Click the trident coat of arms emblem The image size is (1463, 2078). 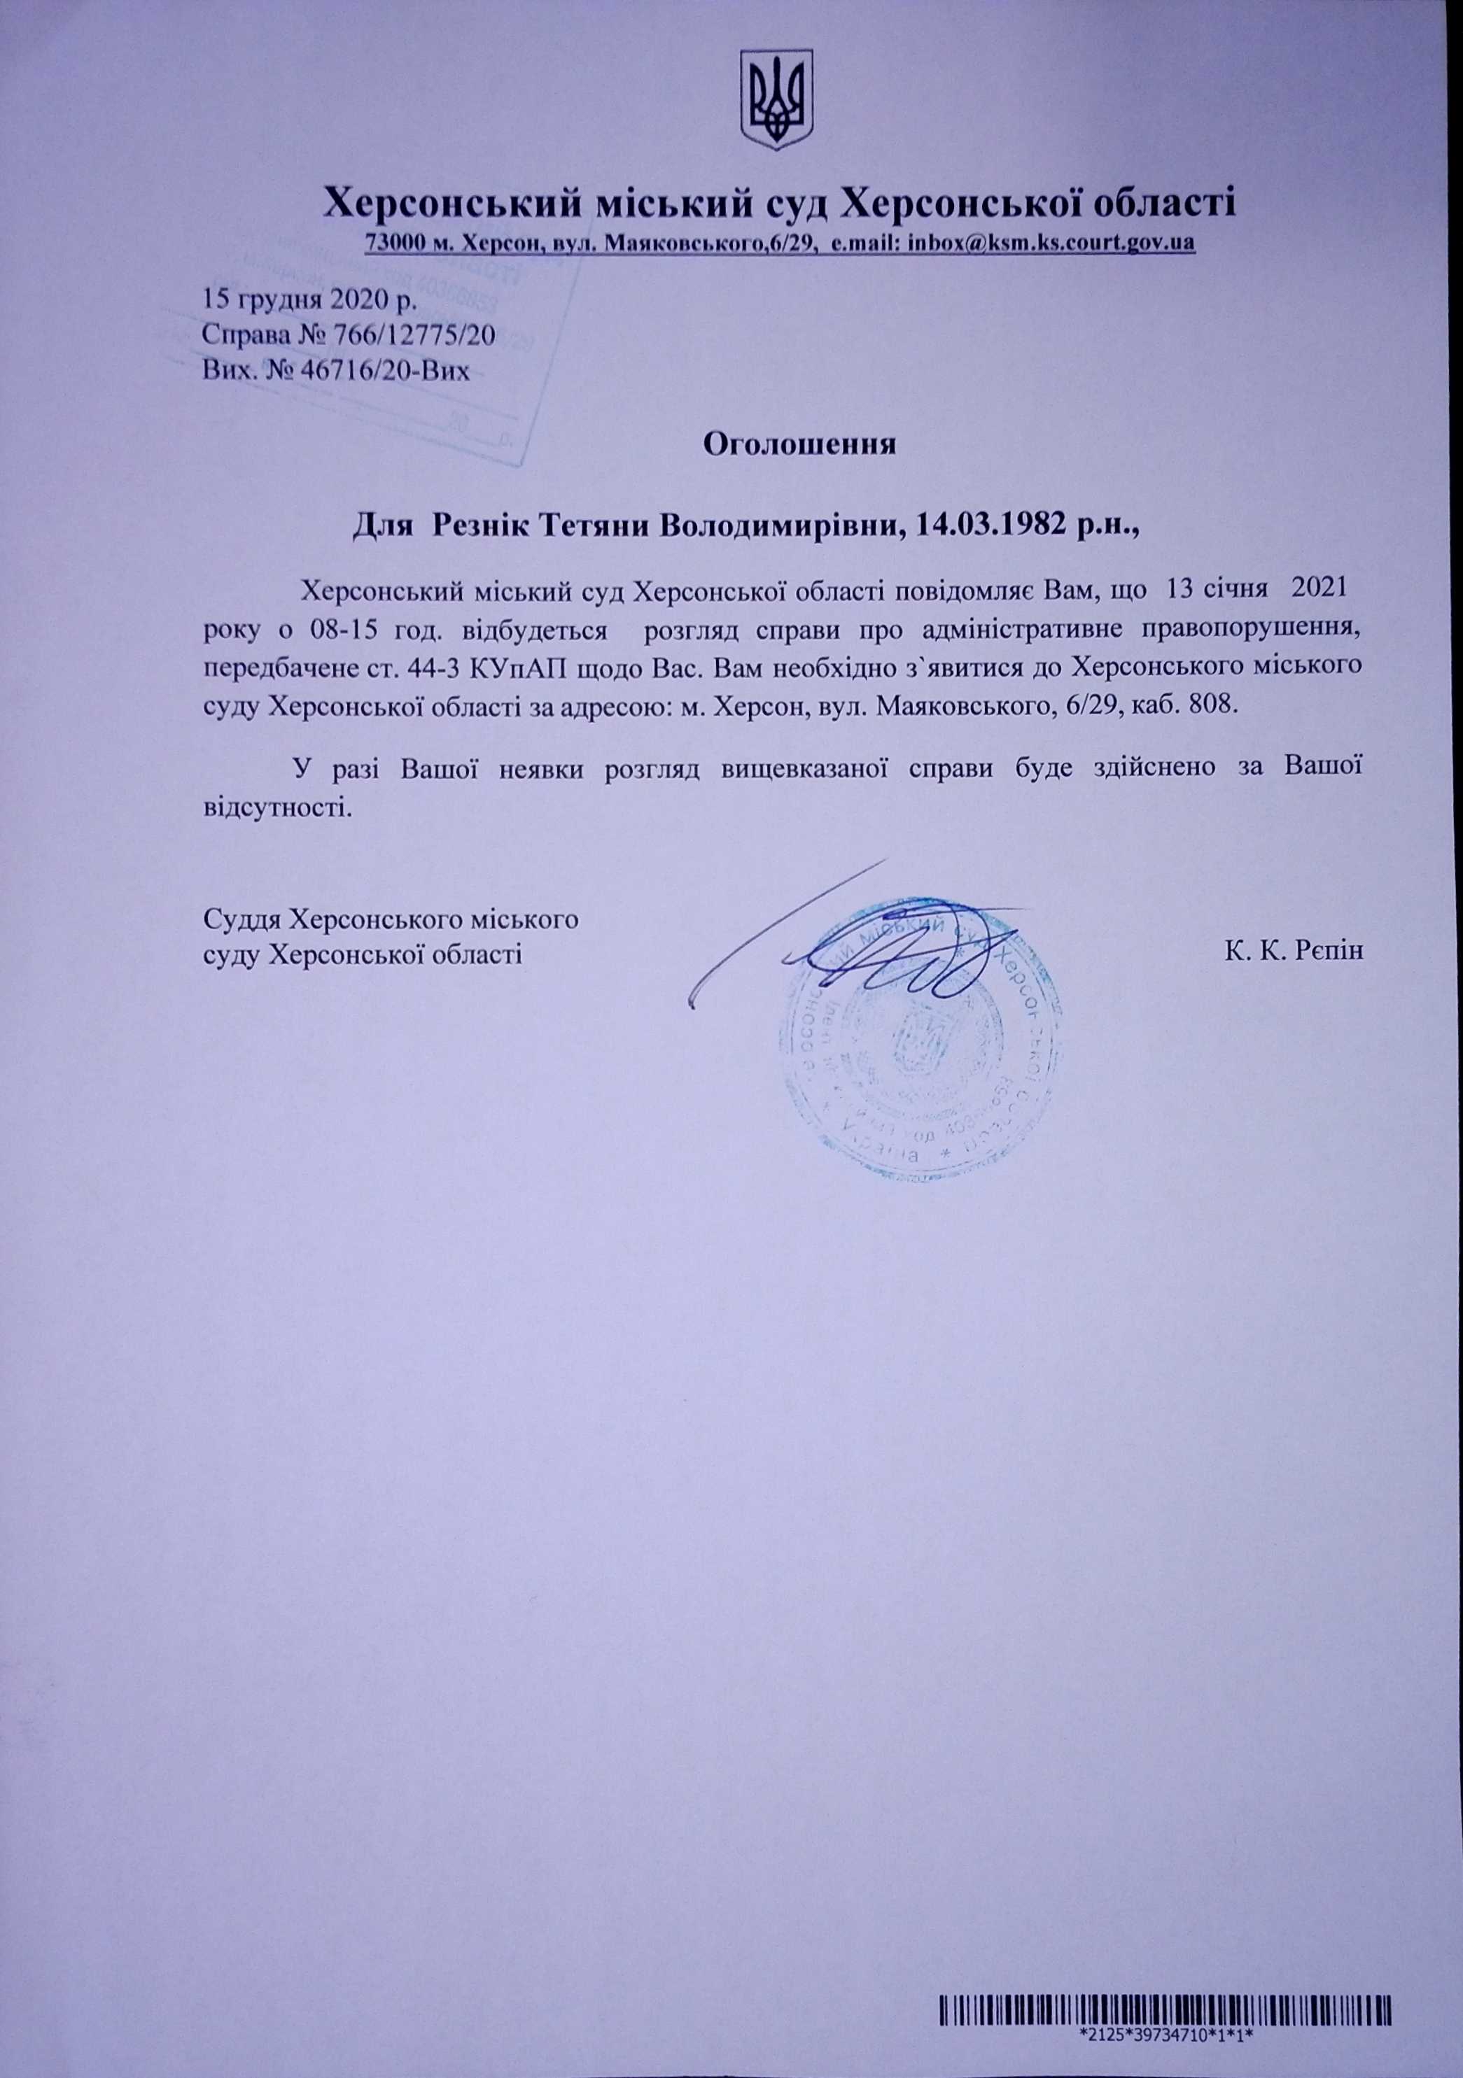[777, 101]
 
